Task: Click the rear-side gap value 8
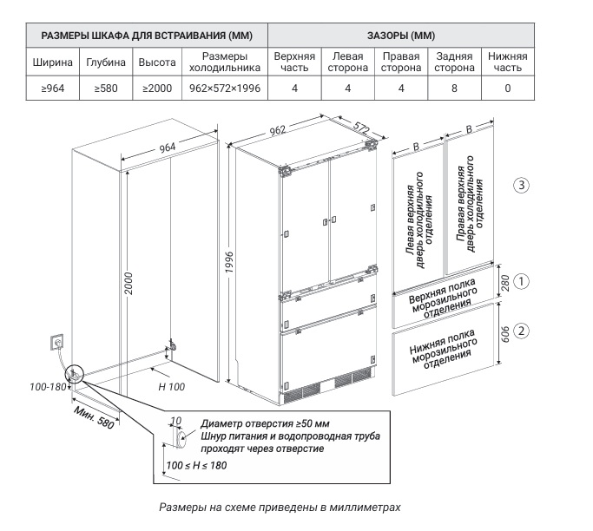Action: [454, 88]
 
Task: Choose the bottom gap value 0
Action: [507, 88]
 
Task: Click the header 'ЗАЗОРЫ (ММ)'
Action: [401, 36]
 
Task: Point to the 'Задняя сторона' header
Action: [454, 62]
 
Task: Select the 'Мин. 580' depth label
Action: [94, 417]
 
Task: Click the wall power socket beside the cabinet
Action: [58, 342]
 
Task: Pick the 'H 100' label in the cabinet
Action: [172, 385]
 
